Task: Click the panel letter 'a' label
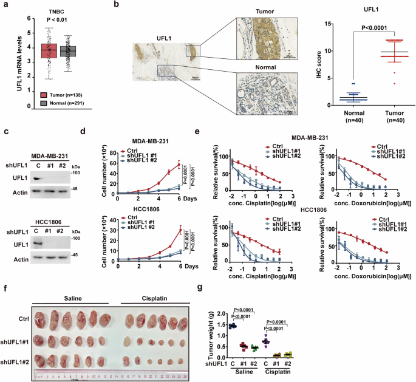pos(5,6)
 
